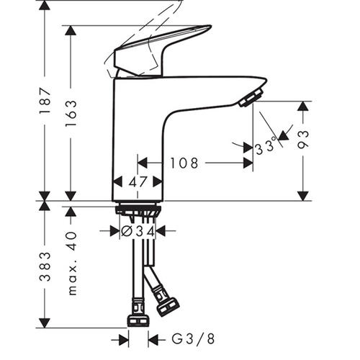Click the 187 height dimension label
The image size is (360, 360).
(x=45, y=101)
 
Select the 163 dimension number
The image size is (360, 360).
(x=71, y=113)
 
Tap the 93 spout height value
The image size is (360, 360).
(x=303, y=140)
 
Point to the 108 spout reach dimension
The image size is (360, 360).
(x=184, y=163)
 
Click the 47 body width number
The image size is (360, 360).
(x=138, y=182)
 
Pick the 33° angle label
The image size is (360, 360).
(x=266, y=146)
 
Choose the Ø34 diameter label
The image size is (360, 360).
(x=138, y=231)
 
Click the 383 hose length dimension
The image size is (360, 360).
(x=45, y=266)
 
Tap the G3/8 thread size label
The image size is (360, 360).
(x=193, y=339)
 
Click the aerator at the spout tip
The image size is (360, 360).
(x=251, y=98)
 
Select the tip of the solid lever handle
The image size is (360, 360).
(x=211, y=26)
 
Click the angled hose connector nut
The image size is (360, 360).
(x=168, y=307)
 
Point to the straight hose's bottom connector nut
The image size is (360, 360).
(x=138, y=321)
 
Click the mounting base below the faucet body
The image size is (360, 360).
(x=138, y=210)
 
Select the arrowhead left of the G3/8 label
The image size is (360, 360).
(x=124, y=340)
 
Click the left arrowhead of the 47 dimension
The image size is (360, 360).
(x=117, y=182)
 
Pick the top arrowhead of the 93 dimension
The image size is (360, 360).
(x=303, y=106)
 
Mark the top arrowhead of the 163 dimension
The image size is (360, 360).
(x=71, y=30)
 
